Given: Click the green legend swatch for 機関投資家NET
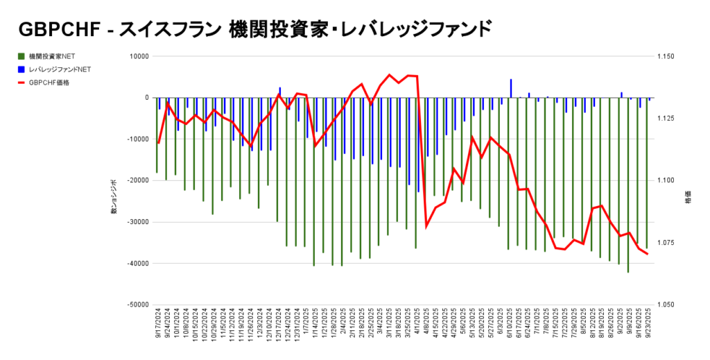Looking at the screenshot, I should pyautogui.click(x=22, y=55).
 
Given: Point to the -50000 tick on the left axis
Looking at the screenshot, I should pyautogui.click(x=139, y=305).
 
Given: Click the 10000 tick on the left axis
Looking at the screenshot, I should pyautogui.click(x=141, y=56).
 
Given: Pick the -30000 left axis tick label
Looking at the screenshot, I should pyautogui.click(x=139, y=222).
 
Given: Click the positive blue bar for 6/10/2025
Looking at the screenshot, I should pyautogui.click(x=511, y=89).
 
